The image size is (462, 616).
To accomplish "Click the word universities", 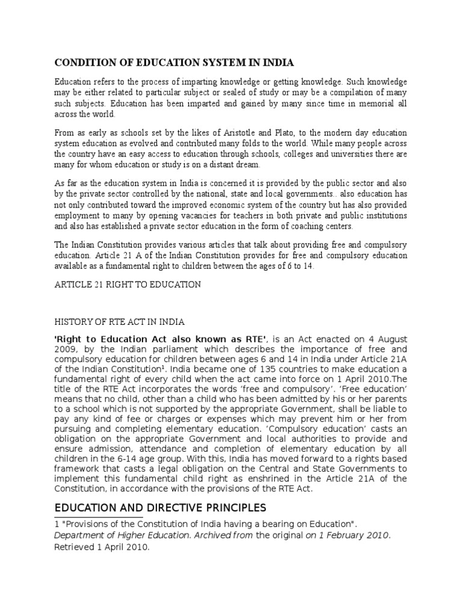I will coord(341,154).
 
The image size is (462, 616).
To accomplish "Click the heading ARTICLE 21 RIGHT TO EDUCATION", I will coord(128,285).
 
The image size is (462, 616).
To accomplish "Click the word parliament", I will coord(155,350).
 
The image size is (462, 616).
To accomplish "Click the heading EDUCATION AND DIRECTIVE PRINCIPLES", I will coord(159,508).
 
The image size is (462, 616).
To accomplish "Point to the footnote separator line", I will coord(99,517).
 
